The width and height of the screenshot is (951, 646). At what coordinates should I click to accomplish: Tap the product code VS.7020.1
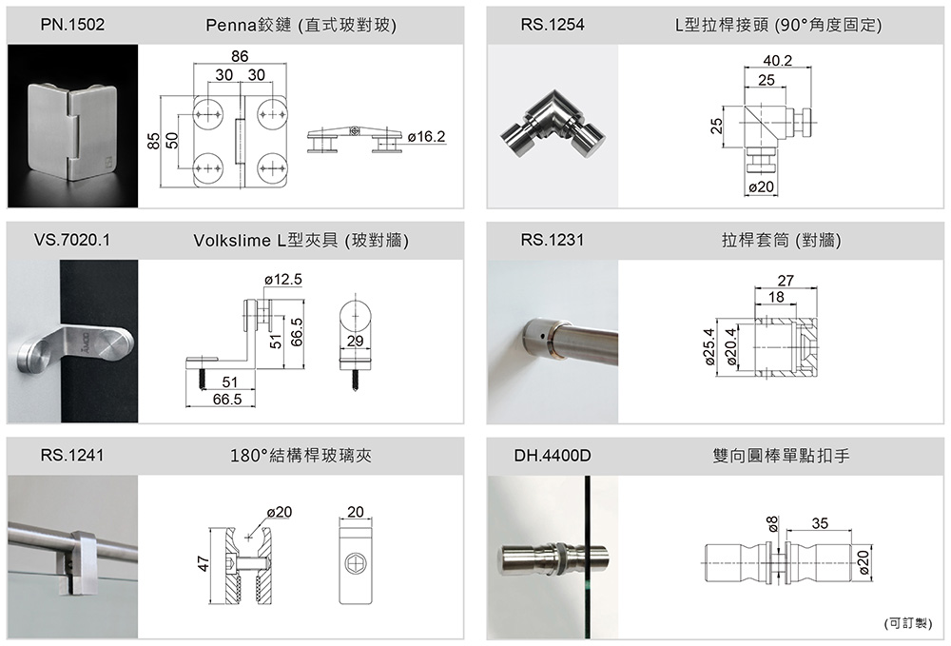click(72, 241)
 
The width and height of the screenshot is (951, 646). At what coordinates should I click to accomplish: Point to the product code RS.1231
click(553, 241)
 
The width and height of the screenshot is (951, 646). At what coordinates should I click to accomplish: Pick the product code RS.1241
click(72, 456)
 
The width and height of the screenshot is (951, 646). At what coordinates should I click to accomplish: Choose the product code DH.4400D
click(553, 456)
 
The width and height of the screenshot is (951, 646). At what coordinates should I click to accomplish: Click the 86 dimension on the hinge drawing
click(240, 57)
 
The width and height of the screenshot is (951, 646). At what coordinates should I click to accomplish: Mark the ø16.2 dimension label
click(425, 137)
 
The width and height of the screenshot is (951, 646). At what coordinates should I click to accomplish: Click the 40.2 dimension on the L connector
click(777, 61)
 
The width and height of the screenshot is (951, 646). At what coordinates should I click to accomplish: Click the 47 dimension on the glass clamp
click(203, 564)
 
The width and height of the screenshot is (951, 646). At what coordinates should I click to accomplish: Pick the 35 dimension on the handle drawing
click(820, 523)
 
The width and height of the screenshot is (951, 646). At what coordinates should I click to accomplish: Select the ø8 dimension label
click(772, 522)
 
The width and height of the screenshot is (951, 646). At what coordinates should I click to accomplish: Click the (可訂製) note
click(907, 623)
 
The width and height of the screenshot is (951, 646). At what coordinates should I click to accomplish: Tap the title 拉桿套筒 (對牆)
click(781, 241)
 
